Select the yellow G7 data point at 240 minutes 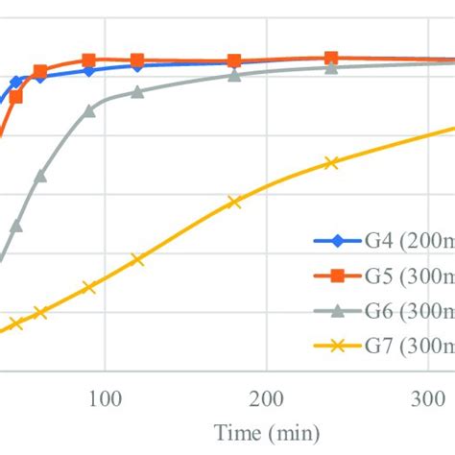tap(331, 163)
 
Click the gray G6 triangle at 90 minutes tap(88, 110)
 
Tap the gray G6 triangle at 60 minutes tap(40, 176)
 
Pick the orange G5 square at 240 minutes tap(331, 58)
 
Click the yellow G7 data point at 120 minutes tap(137, 259)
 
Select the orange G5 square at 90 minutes tap(88, 60)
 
